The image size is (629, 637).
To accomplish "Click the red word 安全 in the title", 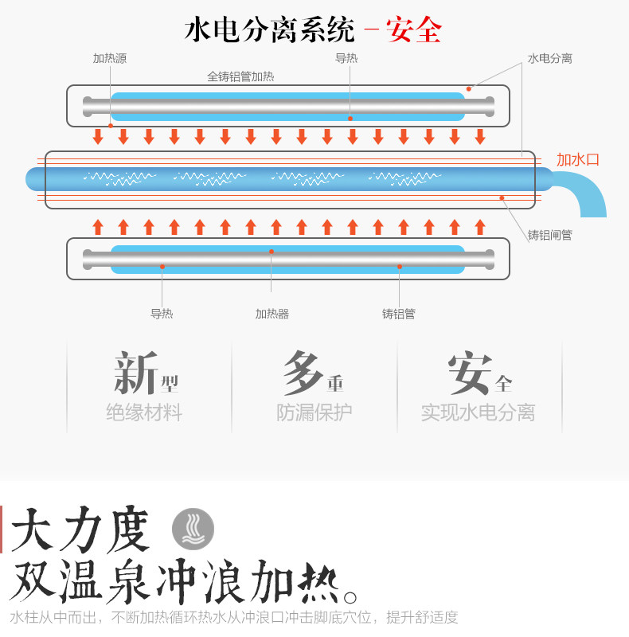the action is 413,30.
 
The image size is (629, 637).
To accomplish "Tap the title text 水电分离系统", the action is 269,30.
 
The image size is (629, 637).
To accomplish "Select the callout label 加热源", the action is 109,58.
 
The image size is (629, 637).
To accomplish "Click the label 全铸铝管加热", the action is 240,77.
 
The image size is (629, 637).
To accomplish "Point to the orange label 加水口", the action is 577,160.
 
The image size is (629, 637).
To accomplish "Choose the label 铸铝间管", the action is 549,235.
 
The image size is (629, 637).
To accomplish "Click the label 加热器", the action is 272,314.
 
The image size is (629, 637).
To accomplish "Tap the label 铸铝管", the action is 398,314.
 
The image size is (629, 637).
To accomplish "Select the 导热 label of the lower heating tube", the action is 162,314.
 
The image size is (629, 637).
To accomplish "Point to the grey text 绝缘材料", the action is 144,412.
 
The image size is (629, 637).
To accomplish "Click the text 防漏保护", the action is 314,412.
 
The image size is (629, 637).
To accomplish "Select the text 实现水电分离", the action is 478,412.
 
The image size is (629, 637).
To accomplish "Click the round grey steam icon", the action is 193,528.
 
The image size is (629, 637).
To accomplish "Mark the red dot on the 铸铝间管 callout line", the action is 502,197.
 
